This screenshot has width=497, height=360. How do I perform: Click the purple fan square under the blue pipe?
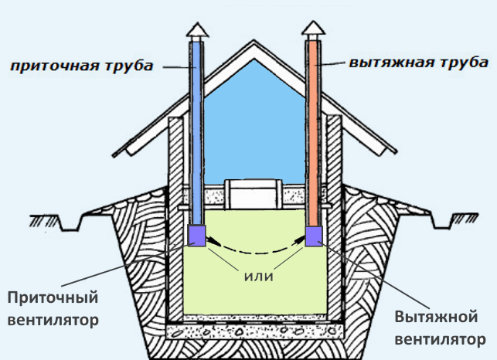pyautogui.click(x=196, y=236)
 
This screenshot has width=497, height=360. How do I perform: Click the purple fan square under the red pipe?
pyautogui.click(x=315, y=236)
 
